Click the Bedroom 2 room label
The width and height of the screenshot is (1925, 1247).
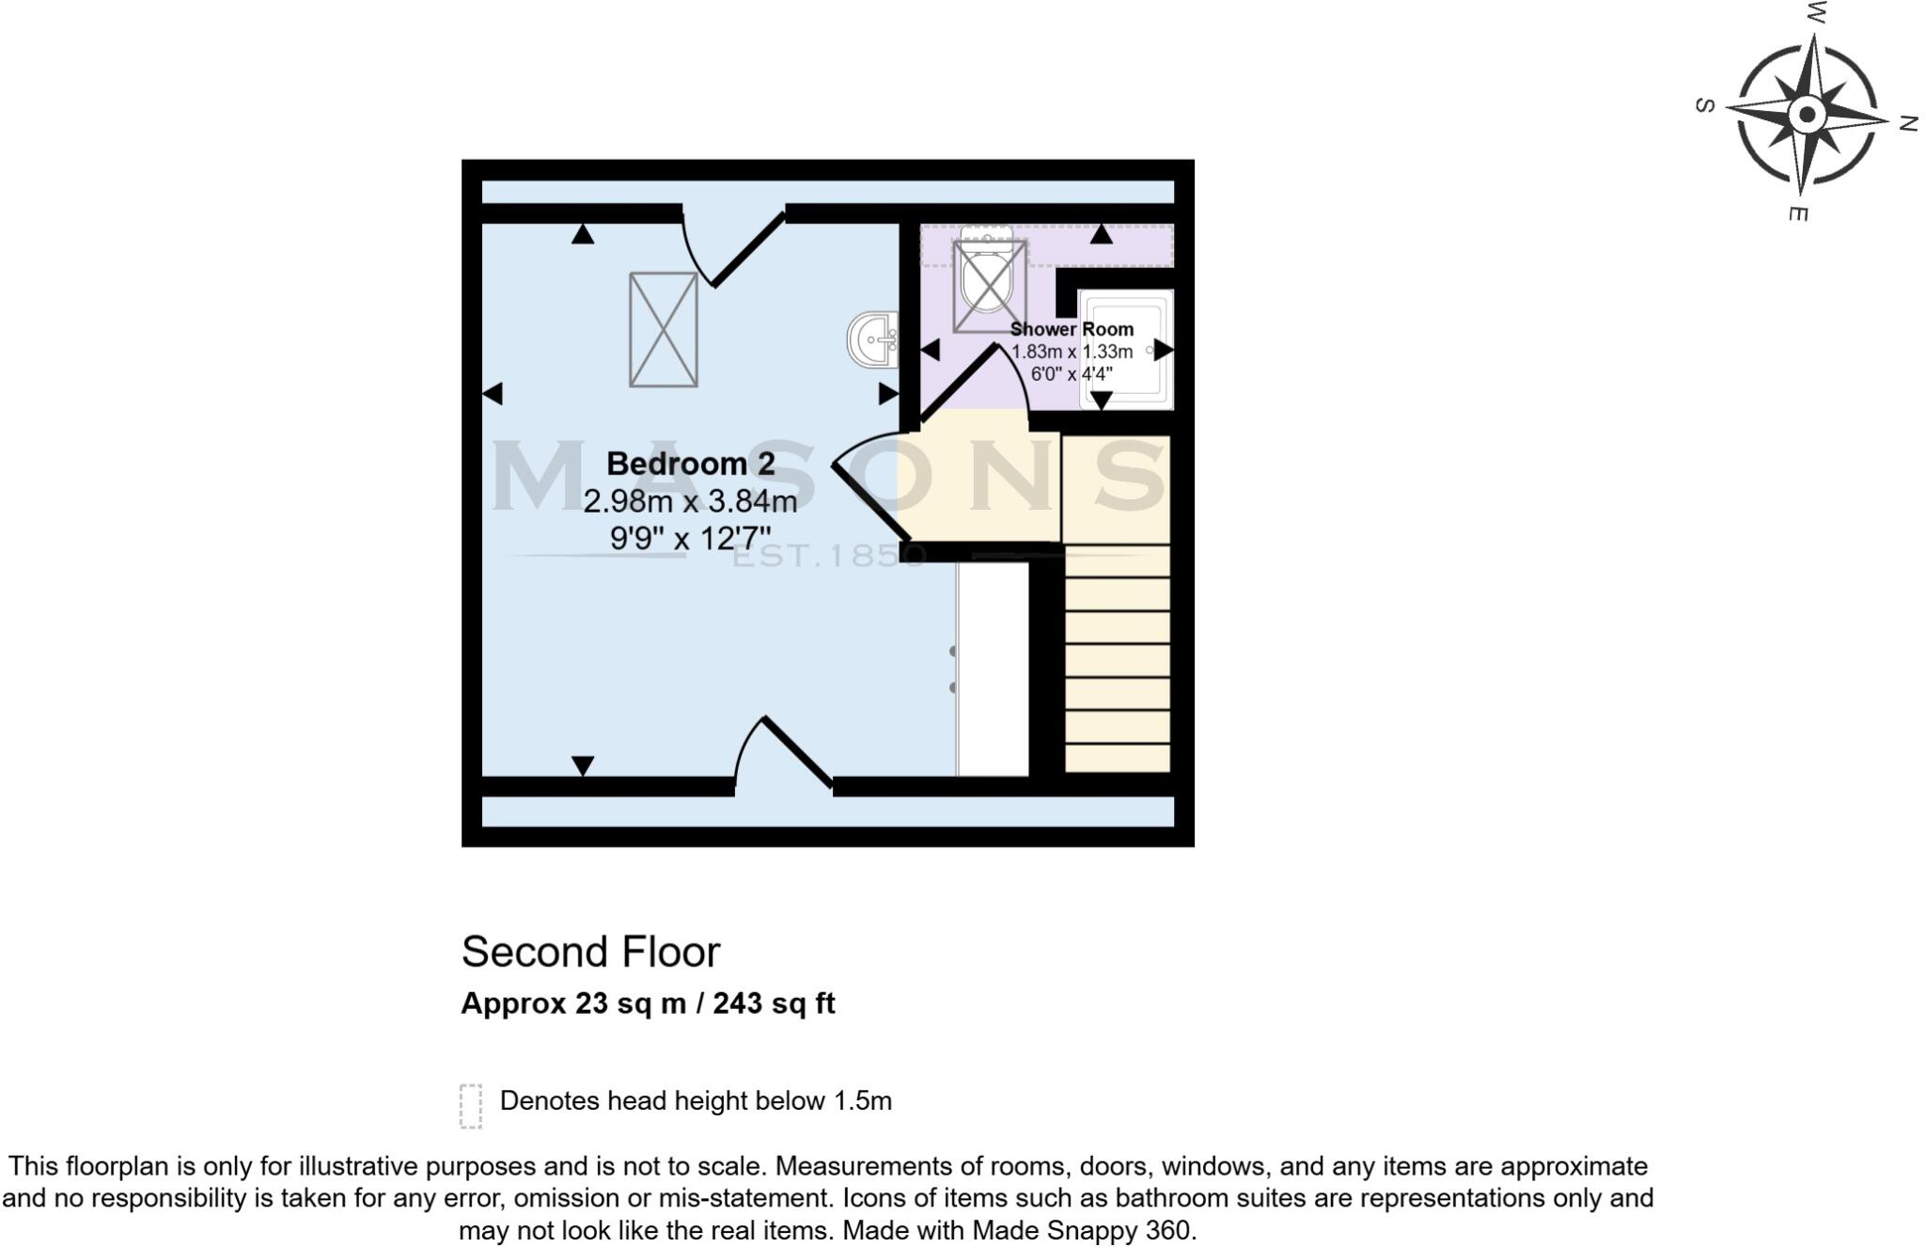(x=690, y=464)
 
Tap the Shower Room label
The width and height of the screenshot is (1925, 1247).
(x=1072, y=329)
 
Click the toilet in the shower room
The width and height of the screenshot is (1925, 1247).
(x=988, y=277)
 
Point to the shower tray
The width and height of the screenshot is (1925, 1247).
(x=1125, y=349)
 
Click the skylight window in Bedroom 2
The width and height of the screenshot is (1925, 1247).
(x=664, y=329)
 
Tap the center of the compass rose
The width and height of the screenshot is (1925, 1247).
(x=1806, y=117)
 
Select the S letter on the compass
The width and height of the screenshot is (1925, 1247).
(x=1704, y=105)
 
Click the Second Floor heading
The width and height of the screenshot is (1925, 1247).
(x=590, y=952)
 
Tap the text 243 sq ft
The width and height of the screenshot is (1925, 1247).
(x=774, y=1003)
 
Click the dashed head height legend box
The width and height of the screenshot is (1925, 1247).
(x=471, y=1105)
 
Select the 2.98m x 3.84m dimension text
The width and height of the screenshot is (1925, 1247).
(x=690, y=501)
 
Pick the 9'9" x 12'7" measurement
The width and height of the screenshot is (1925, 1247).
(x=690, y=539)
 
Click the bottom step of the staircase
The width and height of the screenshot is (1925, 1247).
(x=1118, y=758)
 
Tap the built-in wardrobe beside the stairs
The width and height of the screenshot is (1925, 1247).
(x=993, y=669)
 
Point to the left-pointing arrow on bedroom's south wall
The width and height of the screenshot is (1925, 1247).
(x=492, y=394)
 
